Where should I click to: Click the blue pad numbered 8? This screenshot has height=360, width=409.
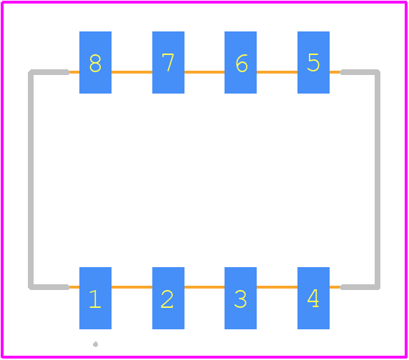[96, 63]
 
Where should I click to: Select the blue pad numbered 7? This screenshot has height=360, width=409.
[168, 63]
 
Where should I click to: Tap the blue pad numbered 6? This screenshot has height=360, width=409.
[240, 63]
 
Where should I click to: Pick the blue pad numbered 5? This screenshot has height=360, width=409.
[313, 63]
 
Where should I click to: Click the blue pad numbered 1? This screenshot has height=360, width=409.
[96, 299]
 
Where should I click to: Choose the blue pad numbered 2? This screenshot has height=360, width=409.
[168, 299]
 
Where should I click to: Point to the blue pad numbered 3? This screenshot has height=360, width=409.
[240, 299]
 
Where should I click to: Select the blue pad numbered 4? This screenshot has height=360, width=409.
[313, 299]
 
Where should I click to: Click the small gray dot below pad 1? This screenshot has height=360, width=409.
[96, 344]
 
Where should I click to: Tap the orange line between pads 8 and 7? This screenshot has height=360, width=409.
[132, 72]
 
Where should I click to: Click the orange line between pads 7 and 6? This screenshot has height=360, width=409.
[204, 72]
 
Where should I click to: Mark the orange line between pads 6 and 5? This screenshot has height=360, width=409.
[277, 72]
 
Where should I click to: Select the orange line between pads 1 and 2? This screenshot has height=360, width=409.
[132, 287]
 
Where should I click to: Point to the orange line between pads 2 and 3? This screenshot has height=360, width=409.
[204, 287]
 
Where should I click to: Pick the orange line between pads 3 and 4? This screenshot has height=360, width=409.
[277, 287]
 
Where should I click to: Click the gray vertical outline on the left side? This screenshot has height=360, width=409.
[31, 179]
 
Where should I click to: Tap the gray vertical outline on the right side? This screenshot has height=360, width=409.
[378, 179]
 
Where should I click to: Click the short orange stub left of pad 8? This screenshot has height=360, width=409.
[74, 72]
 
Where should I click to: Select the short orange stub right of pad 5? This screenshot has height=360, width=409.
[335, 72]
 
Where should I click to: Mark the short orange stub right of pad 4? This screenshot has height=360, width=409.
[335, 287]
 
